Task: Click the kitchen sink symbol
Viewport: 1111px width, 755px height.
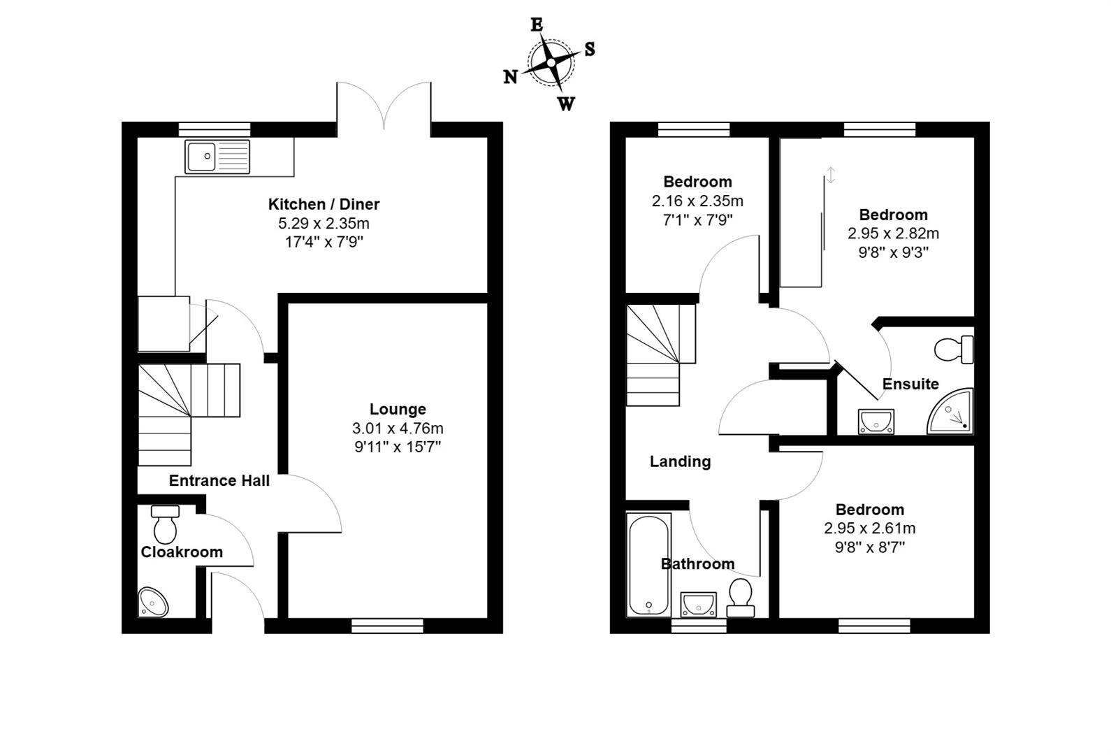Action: (x=217, y=156)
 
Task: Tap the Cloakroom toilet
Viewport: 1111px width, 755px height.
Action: (x=166, y=525)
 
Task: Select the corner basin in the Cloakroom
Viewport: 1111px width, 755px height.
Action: (x=153, y=602)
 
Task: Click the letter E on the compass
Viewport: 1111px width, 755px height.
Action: (x=537, y=25)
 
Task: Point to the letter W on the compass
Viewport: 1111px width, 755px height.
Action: (x=566, y=105)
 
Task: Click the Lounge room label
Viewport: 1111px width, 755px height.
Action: (x=398, y=409)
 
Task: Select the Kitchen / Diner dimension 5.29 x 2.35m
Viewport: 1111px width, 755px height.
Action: (x=324, y=224)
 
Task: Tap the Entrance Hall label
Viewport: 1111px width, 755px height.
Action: (x=219, y=480)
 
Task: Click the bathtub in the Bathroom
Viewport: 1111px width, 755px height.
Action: (x=649, y=565)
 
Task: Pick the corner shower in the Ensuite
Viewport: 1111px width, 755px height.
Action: (x=952, y=413)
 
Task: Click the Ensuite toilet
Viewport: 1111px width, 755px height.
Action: (x=954, y=350)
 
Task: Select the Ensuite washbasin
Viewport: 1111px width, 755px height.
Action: (x=876, y=422)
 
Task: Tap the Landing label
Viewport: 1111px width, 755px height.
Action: (x=680, y=461)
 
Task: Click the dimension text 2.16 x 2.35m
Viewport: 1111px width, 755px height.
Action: (x=697, y=201)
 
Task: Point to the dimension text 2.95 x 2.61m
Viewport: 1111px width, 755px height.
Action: (x=869, y=528)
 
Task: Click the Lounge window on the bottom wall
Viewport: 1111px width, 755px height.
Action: (x=387, y=626)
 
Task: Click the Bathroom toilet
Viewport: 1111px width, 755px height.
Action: (x=741, y=596)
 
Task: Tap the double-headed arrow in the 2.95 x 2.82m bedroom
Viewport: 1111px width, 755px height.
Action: (x=831, y=175)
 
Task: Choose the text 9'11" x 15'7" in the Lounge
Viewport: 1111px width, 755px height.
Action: (x=398, y=447)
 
